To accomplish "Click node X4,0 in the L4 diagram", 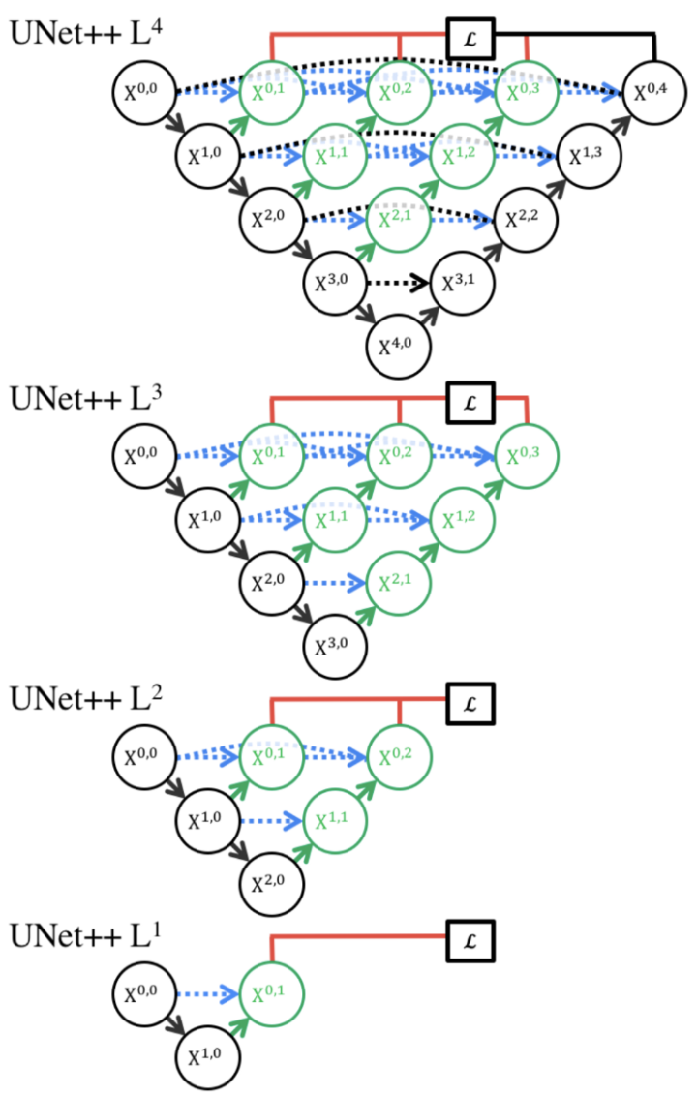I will (x=400, y=346).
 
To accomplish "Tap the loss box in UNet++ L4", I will (x=470, y=38).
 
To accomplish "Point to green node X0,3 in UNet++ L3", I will (x=528, y=453).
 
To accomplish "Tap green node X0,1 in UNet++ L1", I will (x=273, y=990).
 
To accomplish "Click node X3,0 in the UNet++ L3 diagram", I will (x=337, y=642).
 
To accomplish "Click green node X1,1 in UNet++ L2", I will (x=337, y=820).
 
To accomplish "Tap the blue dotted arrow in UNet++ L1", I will (x=209, y=991).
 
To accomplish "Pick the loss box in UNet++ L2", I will (x=470, y=698).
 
